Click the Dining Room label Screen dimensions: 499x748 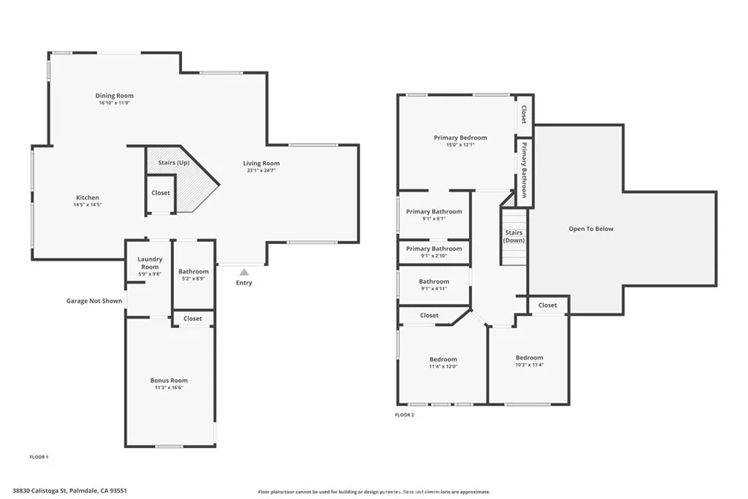(115, 96)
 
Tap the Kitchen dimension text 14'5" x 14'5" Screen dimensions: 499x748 (88, 205)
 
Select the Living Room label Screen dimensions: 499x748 (262, 164)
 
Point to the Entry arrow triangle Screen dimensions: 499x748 (244, 272)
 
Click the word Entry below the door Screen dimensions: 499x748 (244, 283)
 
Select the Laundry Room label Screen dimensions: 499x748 (150, 263)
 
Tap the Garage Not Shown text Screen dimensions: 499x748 (94, 300)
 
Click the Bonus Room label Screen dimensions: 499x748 (169, 380)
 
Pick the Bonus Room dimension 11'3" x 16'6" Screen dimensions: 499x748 (169, 388)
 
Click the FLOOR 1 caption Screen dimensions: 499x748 (39, 457)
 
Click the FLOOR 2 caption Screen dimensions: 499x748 (405, 415)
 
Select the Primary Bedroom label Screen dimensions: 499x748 (460, 137)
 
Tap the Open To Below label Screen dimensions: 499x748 (591, 229)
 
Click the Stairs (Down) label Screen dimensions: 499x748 (514, 237)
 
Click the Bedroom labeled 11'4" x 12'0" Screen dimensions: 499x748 (443, 359)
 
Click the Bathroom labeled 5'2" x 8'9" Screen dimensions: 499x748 (194, 272)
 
